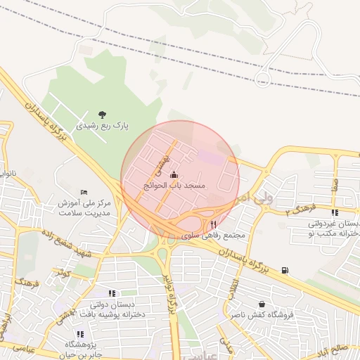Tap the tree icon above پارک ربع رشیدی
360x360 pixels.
tap(103, 115)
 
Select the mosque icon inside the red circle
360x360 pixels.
tap(174, 175)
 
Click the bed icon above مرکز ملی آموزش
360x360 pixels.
tap(84, 193)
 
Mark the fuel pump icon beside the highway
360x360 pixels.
tap(284, 269)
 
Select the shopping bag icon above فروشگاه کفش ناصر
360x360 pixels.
tap(262, 304)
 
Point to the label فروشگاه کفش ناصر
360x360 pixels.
tap(262, 316)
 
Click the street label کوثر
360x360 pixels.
tap(65, 272)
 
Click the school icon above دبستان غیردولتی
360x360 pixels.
tap(334, 212)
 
